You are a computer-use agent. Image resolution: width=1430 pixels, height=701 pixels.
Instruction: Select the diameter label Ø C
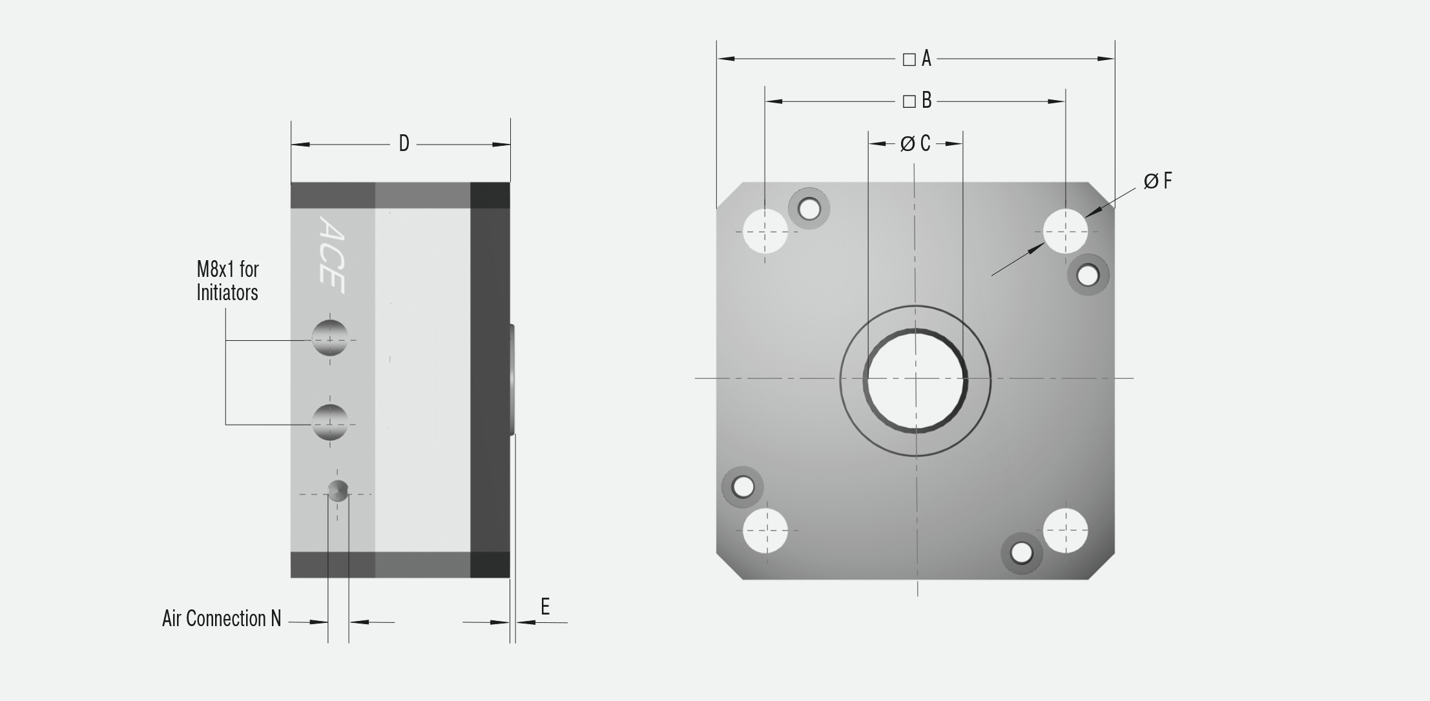pyautogui.click(x=915, y=143)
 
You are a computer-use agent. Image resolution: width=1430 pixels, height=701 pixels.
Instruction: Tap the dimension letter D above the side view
pyautogui.click(x=404, y=143)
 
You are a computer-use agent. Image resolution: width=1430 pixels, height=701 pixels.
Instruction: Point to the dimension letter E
pyautogui.click(x=545, y=607)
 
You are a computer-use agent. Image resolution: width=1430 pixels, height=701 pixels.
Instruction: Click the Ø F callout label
pyautogui.click(x=1157, y=181)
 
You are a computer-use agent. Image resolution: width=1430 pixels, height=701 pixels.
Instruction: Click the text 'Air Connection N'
pyautogui.click(x=222, y=618)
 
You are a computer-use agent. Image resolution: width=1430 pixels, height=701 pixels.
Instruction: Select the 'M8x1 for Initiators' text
pyautogui.click(x=227, y=281)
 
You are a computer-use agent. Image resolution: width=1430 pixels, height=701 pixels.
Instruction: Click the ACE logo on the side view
pyautogui.click(x=331, y=255)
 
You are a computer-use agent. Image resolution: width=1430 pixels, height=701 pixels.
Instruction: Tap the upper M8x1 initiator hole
pyautogui.click(x=329, y=338)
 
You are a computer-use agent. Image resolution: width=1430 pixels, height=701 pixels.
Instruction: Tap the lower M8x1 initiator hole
pyautogui.click(x=329, y=422)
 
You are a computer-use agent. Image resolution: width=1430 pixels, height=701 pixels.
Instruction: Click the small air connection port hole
pyautogui.click(x=338, y=492)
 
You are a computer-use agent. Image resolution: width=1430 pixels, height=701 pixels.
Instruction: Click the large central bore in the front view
pyautogui.click(x=916, y=380)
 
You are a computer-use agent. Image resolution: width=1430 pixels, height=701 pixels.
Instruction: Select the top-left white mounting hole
pyautogui.click(x=765, y=231)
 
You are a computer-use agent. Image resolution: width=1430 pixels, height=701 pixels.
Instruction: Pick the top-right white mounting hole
pyautogui.click(x=1065, y=231)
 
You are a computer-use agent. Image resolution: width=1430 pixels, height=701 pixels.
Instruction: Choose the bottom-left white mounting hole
pyautogui.click(x=765, y=531)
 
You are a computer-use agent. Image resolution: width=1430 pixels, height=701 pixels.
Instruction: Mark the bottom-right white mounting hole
pyautogui.click(x=1065, y=531)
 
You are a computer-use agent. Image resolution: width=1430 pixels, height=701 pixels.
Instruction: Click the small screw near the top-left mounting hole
pyautogui.click(x=809, y=208)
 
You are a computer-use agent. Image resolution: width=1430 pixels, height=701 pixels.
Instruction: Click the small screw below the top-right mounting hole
pyautogui.click(x=1088, y=276)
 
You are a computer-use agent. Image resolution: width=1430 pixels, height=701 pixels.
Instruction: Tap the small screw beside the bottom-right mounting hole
pyautogui.click(x=1021, y=553)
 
